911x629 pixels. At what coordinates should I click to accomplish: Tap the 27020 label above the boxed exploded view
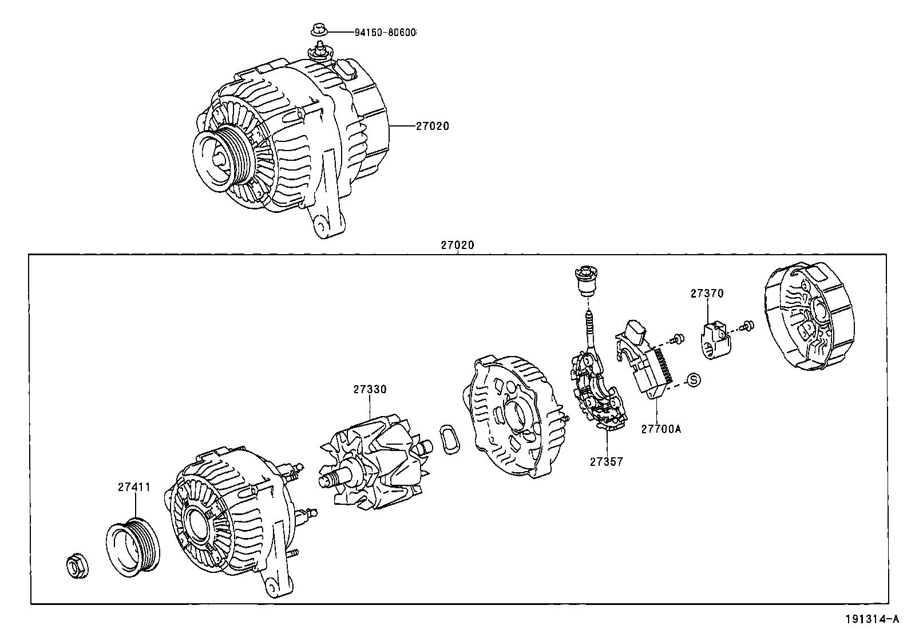pyautogui.click(x=457, y=245)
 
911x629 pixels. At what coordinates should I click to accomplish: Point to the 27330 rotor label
pyautogui.click(x=369, y=389)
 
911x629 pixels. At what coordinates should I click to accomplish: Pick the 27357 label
pyautogui.click(x=606, y=461)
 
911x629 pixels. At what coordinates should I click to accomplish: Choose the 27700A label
pyautogui.click(x=660, y=428)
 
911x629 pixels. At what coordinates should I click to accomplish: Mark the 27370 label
pyautogui.click(x=707, y=293)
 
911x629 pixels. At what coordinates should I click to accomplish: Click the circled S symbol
pyautogui.click(x=693, y=379)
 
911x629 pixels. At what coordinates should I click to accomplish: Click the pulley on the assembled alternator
pyautogui.click(x=220, y=159)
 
